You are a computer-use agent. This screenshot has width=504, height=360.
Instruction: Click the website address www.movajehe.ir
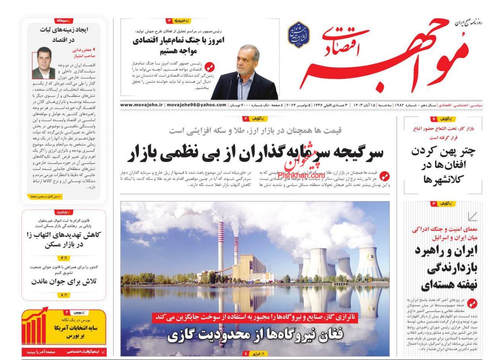141,105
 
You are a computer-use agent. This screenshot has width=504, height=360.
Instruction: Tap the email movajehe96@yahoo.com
196,105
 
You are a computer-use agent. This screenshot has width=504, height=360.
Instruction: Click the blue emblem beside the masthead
298,35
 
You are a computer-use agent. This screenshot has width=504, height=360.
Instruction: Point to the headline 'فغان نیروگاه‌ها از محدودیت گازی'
255,335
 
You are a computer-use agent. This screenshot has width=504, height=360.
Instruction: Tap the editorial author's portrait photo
44,63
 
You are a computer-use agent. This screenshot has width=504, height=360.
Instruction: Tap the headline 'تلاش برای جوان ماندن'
64,281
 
